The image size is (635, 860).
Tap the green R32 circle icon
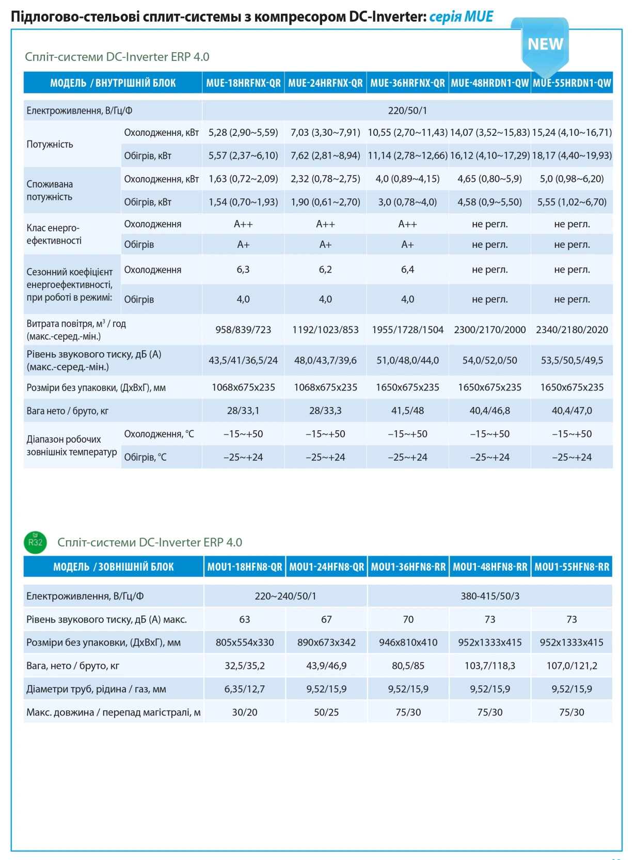(x=35, y=542)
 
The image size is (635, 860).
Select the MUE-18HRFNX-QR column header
(x=243, y=83)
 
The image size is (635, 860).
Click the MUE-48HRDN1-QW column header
(x=489, y=83)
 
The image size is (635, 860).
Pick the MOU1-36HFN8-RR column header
(x=408, y=567)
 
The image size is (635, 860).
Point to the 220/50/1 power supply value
(x=407, y=111)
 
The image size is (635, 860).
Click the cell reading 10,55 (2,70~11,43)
(x=407, y=133)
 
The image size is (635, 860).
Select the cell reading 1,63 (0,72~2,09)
(x=243, y=179)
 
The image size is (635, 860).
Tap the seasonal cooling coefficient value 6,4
(x=407, y=270)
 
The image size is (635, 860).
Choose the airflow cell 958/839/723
(x=243, y=330)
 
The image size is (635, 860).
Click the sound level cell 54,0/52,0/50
(x=489, y=360)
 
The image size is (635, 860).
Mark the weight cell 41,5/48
(x=407, y=410)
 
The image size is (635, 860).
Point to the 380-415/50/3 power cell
(x=490, y=596)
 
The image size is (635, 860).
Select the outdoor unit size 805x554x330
(x=245, y=643)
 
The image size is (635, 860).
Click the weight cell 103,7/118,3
(x=490, y=666)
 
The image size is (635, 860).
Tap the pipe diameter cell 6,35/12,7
(x=245, y=689)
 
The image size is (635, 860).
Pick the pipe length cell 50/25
(x=326, y=712)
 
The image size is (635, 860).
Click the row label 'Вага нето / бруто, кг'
(x=68, y=411)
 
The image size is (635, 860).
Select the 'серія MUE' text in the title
(x=461, y=17)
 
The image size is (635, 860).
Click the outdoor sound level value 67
(x=326, y=619)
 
